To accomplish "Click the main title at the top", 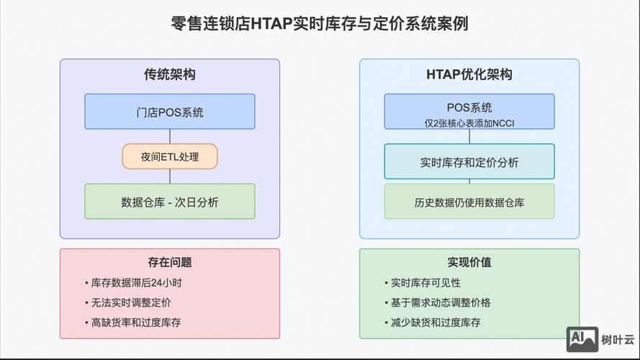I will (x=320, y=24).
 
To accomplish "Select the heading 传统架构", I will (x=170, y=75).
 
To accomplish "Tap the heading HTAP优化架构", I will (x=469, y=75).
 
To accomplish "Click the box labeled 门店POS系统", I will (x=170, y=112).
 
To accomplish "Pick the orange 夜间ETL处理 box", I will (x=170, y=156).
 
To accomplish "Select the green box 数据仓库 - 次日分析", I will (x=170, y=202).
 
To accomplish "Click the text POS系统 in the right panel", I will (x=469, y=107).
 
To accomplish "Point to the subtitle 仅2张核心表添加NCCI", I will (x=469, y=123).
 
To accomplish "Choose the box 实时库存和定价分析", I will (x=469, y=162).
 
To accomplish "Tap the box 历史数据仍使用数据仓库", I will (x=469, y=202).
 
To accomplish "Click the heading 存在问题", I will (x=170, y=263).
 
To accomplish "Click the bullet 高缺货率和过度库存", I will (x=142, y=322).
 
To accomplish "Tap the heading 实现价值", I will (x=469, y=263).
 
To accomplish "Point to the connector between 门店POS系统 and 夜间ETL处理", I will (x=170, y=136).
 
